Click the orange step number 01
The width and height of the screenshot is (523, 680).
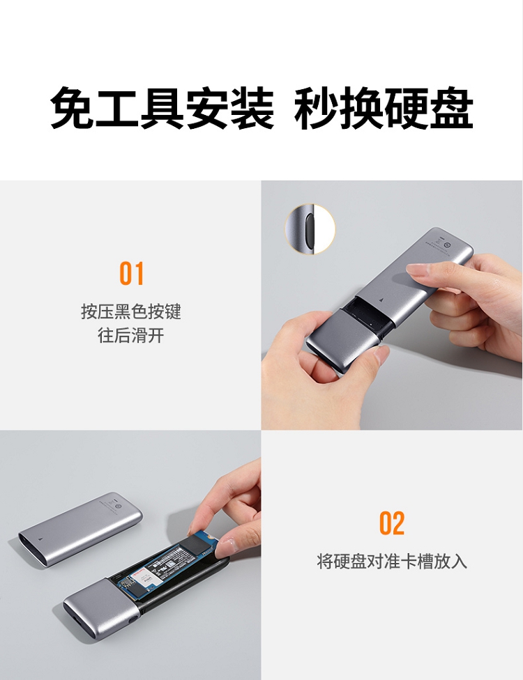pos(132,273)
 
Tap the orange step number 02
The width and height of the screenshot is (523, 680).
pos(392,523)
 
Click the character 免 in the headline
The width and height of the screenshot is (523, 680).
pos(73,107)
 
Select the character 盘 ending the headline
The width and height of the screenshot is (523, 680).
pos(451,107)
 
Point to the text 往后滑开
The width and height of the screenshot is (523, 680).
pos(131,335)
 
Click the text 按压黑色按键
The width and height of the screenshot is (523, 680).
pos(131,311)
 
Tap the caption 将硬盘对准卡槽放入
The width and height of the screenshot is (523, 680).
pos(392,561)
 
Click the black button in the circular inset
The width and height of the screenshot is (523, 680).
pos(310,229)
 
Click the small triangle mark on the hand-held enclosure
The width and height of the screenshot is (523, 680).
pos(381,300)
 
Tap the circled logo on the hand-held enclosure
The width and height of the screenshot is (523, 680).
pos(448,245)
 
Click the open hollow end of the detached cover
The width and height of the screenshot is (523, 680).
pos(31,548)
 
